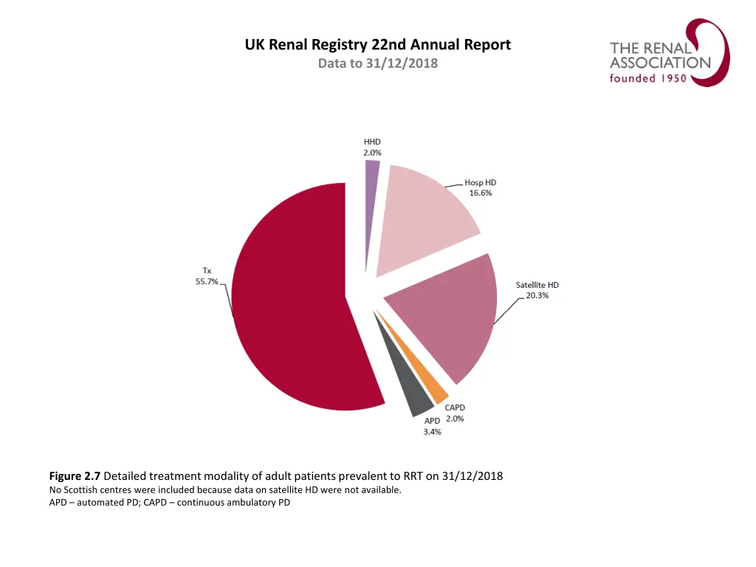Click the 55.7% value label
(x=206, y=281)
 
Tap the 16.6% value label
(x=480, y=193)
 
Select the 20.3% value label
(x=537, y=295)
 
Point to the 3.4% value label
(x=432, y=432)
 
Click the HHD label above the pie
(x=372, y=141)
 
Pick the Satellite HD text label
(x=537, y=285)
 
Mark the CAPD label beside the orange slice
(x=455, y=408)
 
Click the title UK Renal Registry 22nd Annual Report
(x=377, y=45)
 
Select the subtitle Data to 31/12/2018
(x=377, y=63)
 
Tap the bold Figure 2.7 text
(x=75, y=476)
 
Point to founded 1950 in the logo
(x=648, y=78)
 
